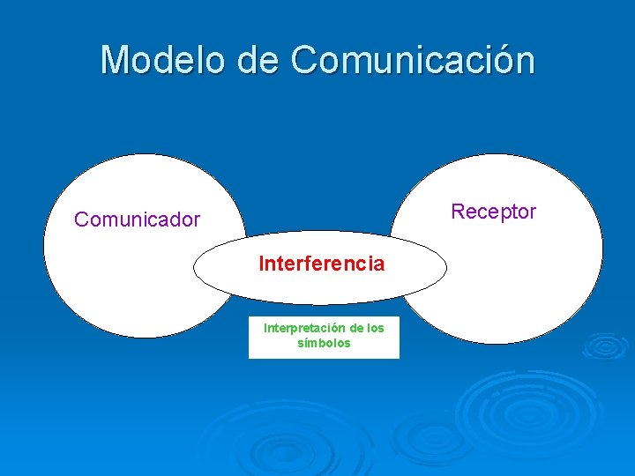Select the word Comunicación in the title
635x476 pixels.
[412, 60]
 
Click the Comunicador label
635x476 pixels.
[137, 219]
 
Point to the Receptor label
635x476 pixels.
[493, 212]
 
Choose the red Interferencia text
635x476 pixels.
[321, 264]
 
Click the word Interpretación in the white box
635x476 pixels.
[304, 328]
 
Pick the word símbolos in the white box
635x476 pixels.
[324, 343]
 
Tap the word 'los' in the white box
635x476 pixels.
[375, 328]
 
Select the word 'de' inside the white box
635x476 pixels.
[356, 328]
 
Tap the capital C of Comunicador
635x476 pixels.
[81, 219]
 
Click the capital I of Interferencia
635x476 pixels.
[260, 264]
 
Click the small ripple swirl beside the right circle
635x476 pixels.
[606, 346]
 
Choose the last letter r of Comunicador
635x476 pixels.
[196, 219]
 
